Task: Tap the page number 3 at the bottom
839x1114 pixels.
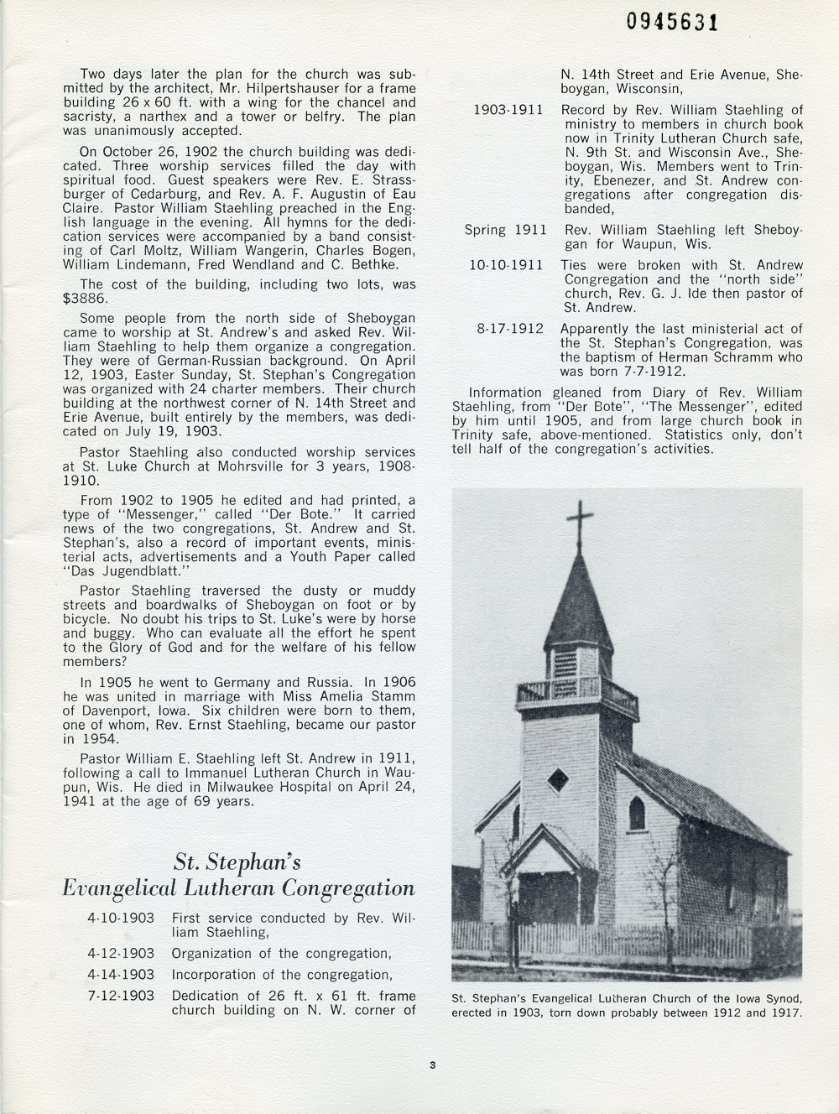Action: (431, 1066)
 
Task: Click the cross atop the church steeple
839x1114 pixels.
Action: (580, 522)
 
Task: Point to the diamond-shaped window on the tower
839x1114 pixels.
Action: (557, 780)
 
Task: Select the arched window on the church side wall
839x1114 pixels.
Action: (637, 812)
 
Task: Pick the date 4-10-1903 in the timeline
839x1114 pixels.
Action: (120, 918)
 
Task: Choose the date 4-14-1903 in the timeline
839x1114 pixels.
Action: (120, 975)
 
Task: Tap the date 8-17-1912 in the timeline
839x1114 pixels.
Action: (510, 329)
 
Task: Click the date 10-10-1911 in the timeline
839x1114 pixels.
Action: (506, 265)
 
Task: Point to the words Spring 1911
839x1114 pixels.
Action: (506, 230)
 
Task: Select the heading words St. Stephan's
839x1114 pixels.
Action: (237, 862)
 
